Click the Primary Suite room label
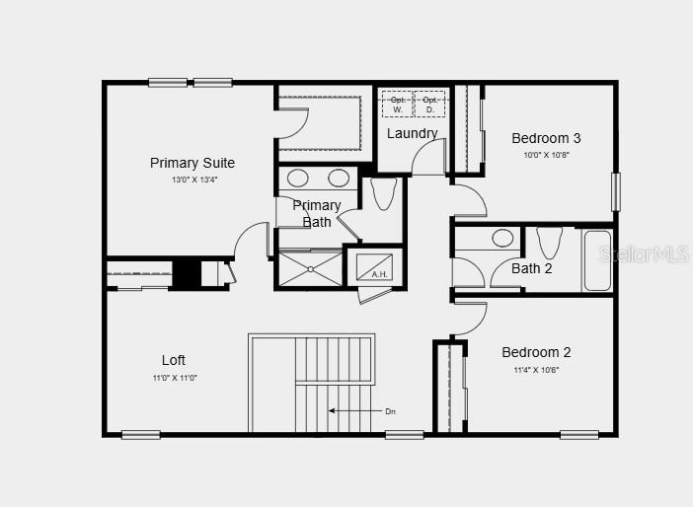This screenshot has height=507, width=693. pyautogui.click(x=192, y=163)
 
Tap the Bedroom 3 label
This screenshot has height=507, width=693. pyautogui.click(x=546, y=138)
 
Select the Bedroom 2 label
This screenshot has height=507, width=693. pyautogui.click(x=536, y=352)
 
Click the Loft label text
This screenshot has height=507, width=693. pyautogui.click(x=174, y=360)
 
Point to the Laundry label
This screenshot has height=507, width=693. pyautogui.click(x=412, y=133)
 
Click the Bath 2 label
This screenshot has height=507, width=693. pyautogui.click(x=531, y=268)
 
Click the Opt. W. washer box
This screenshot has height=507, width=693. pyautogui.click(x=397, y=105)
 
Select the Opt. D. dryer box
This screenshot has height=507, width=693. pyautogui.click(x=428, y=105)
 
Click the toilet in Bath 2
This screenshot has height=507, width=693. pyautogui.click(x=549, y=242)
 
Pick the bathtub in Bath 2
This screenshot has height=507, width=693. pyautogui.click(x=597, y=260)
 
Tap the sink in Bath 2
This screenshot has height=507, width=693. pyautogui.click(x=502, y=238)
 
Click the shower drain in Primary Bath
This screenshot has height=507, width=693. pyautogui.click(x=309, y=267)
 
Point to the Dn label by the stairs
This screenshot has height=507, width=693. pyautogui.click(x=390, y=410)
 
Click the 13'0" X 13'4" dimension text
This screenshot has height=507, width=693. pyautogui.click(x=192, y=180)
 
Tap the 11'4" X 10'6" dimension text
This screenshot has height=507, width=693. pyautogui.click(x=536, y=370)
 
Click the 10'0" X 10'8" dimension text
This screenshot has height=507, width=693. pyautogui.click(x=546, y=155)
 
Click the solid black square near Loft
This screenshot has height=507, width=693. pyautogui.click(x=187, y=273)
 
